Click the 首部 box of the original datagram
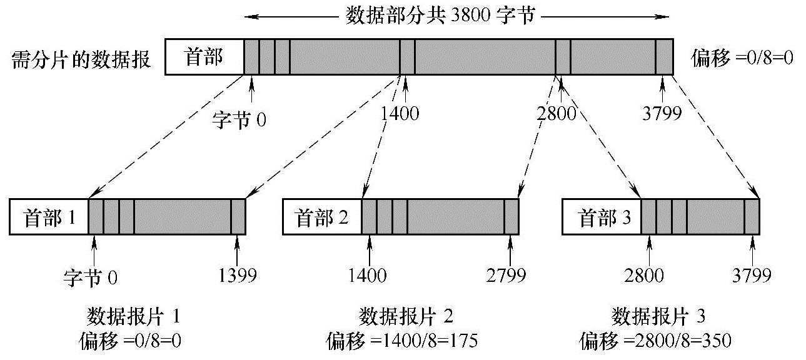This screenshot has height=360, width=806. pyautogui.click(x=204, y=57)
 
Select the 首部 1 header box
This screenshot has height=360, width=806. pyautogui.click(x=49, y=217)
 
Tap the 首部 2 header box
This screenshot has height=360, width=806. pyautogui.click(x=322, y=217)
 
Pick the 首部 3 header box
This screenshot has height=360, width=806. pyautogui.click(x=602, y=217)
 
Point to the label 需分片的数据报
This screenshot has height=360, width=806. pyautogui.click(x=81, y=61)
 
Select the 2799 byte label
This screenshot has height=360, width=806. pyautogui.click(x=506, y=276)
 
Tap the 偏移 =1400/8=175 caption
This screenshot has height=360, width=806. pyautogui.click(x=401, y=341)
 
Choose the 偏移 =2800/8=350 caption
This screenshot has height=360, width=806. pyautogui.click(x=655, y=341)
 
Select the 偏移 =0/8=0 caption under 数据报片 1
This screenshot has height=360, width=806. pyautogui.click(x=134, y=341)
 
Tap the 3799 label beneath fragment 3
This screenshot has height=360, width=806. pyautogui.click(x=752, y=276)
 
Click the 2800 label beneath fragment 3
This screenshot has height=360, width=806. pyautogui.click(x=644, y=276)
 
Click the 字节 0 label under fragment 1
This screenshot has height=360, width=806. pyautogui.click(x=91, y=276)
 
